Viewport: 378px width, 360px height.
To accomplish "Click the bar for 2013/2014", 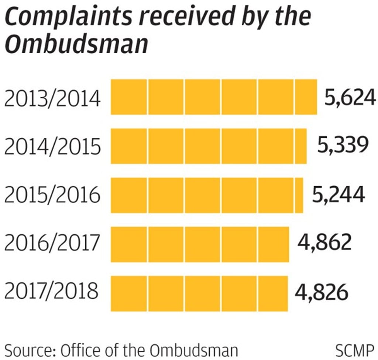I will tap(214, 97).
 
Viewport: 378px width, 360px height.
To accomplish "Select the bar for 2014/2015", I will tap(209, 146).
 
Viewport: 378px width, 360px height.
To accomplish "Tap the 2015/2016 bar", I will tap(207, 195).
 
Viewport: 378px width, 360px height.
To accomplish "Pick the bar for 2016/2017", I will tap(200, 244).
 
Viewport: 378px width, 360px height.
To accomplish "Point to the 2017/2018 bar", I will tap(199, 293).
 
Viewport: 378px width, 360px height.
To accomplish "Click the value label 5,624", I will tap(350, 98).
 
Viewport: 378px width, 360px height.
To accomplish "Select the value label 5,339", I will tap(343, 145).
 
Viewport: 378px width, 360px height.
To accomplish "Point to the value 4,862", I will tap(324, 243).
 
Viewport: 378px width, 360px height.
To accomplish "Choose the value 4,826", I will tap(322, 292).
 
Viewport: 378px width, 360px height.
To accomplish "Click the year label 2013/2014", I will tap(52, 99).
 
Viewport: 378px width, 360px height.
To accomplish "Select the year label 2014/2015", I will tap(52, 147).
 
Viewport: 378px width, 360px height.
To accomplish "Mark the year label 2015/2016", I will tap(52, 195).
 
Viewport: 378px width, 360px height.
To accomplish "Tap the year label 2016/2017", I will tap(52, 243).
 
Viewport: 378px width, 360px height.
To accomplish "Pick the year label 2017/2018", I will tap(52, 292).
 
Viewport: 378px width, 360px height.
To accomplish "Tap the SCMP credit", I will tap(355, 349).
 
